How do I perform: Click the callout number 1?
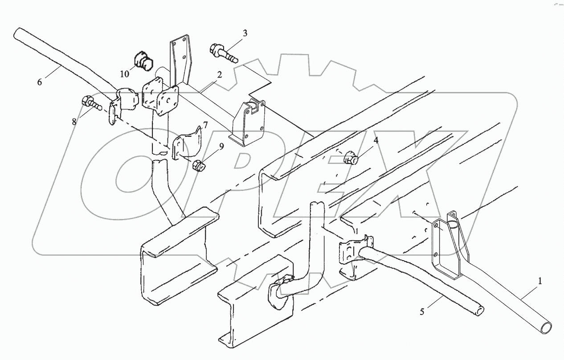pos(540,281)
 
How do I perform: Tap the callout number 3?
pos(245,33)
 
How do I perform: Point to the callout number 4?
pos(376,140)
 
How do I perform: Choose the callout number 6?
pos(40,82)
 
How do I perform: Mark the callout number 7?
pos(205,124)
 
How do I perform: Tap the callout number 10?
pos(124,74)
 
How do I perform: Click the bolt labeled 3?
pos(224,52)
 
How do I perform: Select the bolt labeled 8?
pos(92,103)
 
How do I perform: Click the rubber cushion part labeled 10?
pos(142,62)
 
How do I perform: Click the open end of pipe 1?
pos(546,327)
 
